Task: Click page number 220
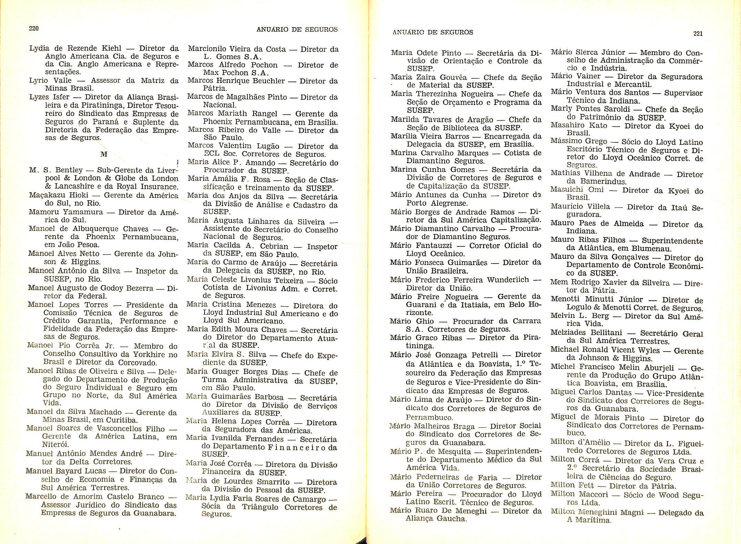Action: click(x=33, y=28)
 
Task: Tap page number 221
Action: click(x=698, y=33)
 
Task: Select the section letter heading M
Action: click(x=103, y=154)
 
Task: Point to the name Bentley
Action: click(x=69, y=170)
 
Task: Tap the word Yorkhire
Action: click(x=160, y=354)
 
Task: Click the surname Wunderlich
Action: click(x=506, y=279)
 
